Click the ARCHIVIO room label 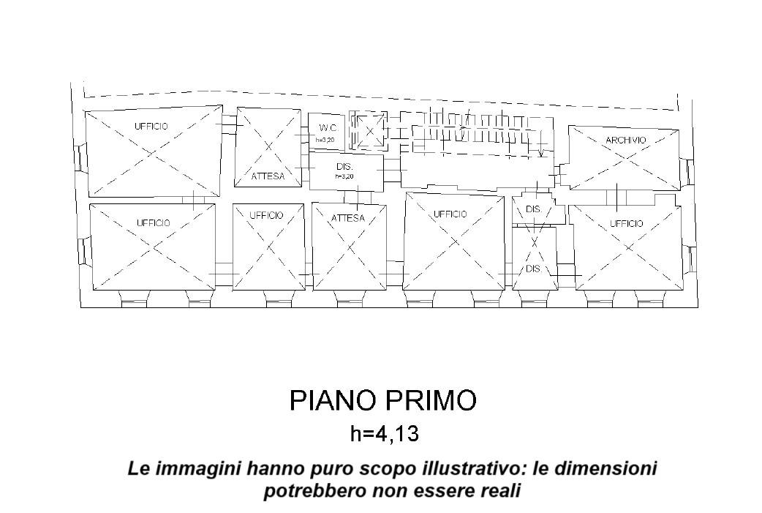[x=625, y=140]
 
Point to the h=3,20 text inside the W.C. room [x=325, y=139]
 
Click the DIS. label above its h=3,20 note [x=344, y=167]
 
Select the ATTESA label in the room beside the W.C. [x=268, y=176]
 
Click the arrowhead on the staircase [x=540, y=154]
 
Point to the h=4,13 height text [x=384, y=434]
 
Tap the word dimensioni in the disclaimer [x=605, y=468]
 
